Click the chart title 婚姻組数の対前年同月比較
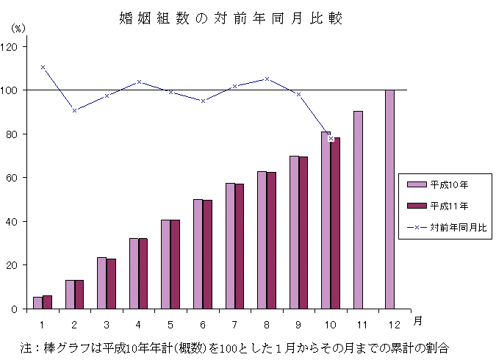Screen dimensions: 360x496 pyautogui.click(x=231, y=18)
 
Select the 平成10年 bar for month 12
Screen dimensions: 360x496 pyautogui.click(x=389, y=199)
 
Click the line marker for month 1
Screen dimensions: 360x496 pyautogui.click(x=43, y=67)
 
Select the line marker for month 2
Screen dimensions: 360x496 pyautogui.click(x=74, y=110)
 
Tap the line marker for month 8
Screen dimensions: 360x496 pyautogui.click(x=267, y=79)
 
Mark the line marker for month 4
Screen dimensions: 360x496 pyautogui.click(x=139, y=82)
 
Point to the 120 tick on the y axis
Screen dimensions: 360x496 pyautogui.click(x=12, y=46)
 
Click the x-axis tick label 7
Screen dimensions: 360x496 pyautogui.click(x=234, y=324)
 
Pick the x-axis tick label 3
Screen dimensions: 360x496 pyautogui.click(x=107, y=324)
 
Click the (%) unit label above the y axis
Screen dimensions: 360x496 pyautogui.click(x=18, y=27)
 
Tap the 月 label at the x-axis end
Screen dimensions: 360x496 pyautogui.click(x=417, y=320)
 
